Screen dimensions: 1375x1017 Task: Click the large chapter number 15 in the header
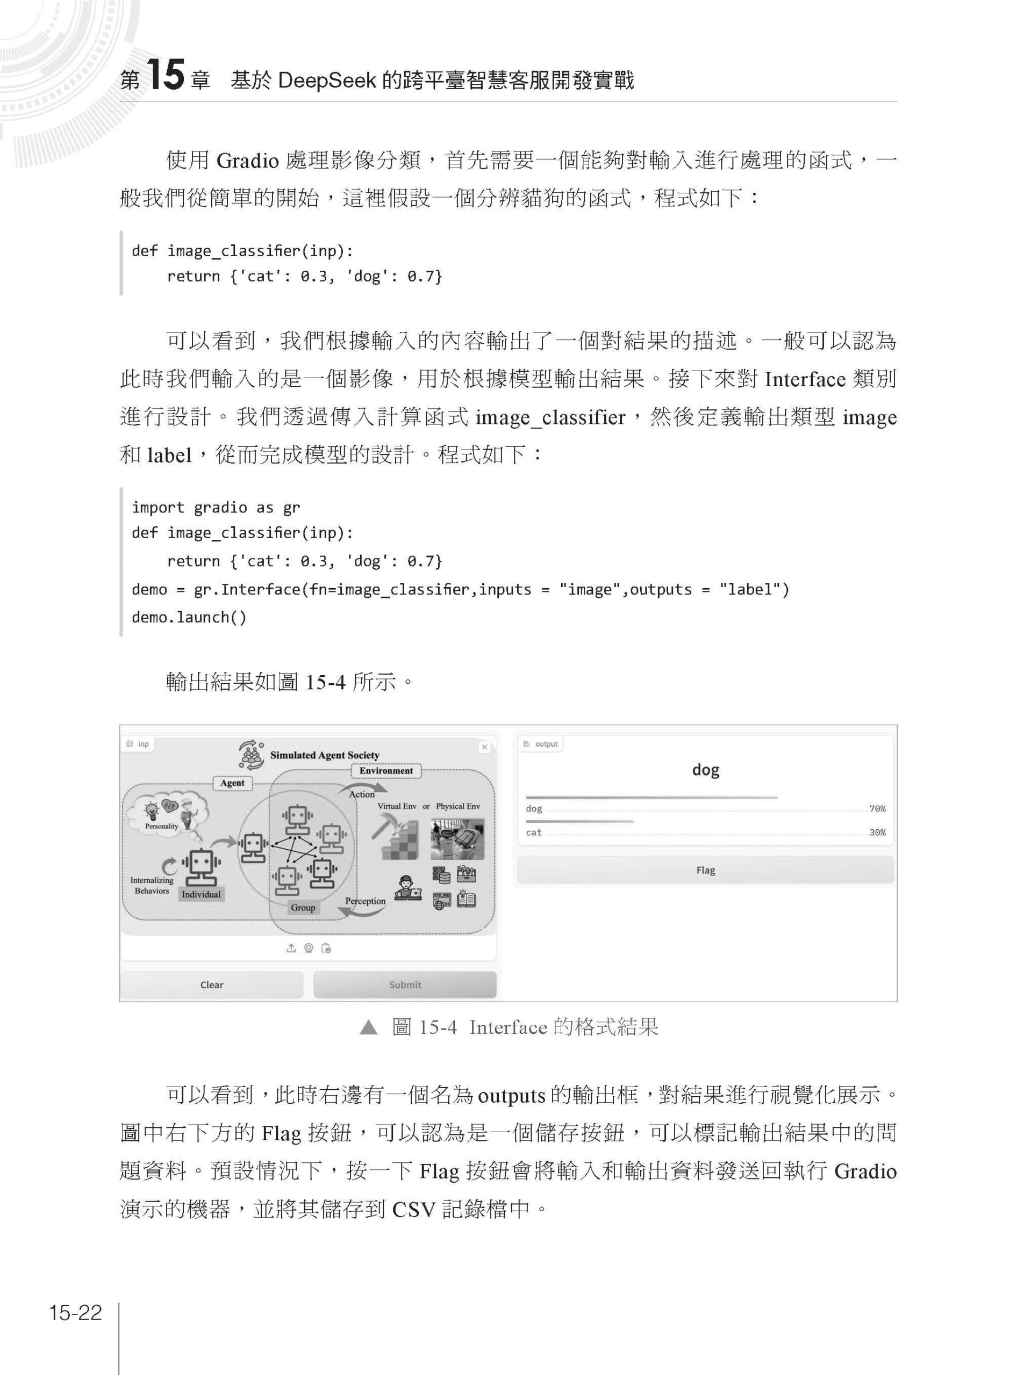click(x=166, y=76)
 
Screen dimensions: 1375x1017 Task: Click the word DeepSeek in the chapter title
click(x=326, y=80)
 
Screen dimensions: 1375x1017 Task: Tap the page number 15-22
click(x=75, y=1312)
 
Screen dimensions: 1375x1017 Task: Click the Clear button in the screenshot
click(x=211, y=985)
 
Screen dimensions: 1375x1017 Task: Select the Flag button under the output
click(x=705, y=870)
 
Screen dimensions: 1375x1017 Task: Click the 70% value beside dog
click(x=877, y=808)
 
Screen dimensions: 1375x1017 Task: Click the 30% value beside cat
click(x=877, y=833)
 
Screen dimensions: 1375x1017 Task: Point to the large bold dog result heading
click(x=705, y=770)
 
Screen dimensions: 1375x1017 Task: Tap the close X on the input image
click(x=484, y=747)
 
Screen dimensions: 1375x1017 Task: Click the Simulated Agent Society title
click(x=325, y=755)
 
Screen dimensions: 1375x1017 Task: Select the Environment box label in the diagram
click(x=386, y=770)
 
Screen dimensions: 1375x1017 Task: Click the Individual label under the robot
click(x=200, y=894)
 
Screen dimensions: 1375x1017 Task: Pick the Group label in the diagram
click(x=303, y=907)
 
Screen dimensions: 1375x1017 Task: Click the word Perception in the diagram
click(x=365, y=901)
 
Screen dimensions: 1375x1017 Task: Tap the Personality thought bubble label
click(x=161, y=826)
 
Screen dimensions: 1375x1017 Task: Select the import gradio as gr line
click(x=216, y=507)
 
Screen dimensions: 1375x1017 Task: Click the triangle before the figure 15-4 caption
click(x=368, y=1027)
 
